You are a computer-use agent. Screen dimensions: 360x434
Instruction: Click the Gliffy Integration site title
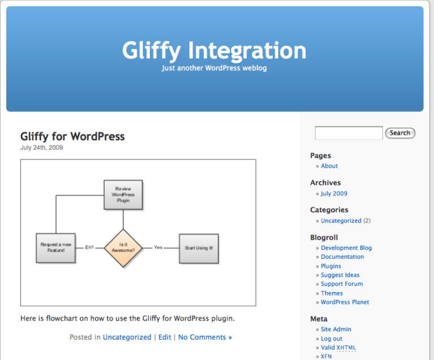[214, 50]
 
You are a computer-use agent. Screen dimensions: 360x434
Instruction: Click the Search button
[400, 133]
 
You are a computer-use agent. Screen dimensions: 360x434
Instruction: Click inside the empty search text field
[349, 133]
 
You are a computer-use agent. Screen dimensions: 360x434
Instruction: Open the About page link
[329, 166]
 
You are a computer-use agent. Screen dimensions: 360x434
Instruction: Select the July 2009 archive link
[334, 193]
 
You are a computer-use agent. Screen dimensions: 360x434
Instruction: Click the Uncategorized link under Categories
[341, 221]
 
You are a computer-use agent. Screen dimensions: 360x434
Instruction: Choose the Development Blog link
[346, 248]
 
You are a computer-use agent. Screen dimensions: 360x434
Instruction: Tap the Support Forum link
[341, 284]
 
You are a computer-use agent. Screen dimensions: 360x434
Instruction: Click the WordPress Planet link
[345, 302]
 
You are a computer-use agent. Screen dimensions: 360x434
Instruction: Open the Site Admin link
[336, 329]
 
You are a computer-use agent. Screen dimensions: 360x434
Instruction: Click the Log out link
[331, 339]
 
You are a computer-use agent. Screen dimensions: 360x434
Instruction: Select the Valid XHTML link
[338, 348]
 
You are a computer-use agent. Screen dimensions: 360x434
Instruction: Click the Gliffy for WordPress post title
[72, 137]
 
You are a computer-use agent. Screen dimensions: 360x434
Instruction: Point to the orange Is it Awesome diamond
[123, 248]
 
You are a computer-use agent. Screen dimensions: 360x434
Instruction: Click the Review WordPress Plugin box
[123, 194]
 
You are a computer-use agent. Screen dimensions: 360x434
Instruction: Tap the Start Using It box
[198, 248]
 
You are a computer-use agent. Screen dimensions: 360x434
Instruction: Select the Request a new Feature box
[56, 248]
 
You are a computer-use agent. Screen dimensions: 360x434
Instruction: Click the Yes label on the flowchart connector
[158, 248]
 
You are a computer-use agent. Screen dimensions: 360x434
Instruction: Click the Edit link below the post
[164, 337]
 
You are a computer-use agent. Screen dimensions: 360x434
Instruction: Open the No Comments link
[205, 337]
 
